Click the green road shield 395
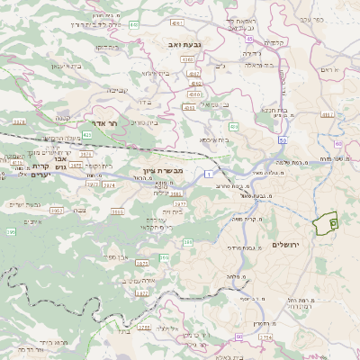click(x=11, y=232)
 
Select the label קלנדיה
click(x=275, y=41)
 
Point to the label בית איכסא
click(x=212, y=139)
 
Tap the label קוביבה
click(x=118, y=90)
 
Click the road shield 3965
click(x=56, y=209)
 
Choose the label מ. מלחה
click(x=236, y=279)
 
